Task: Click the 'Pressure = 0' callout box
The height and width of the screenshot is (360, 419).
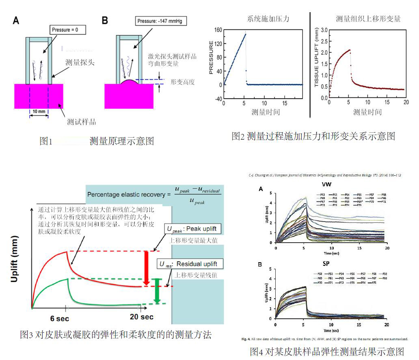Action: tap(67, 30)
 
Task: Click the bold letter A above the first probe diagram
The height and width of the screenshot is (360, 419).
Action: tap(16, 21)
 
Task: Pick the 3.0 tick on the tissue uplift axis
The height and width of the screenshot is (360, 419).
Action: tap(324, 30)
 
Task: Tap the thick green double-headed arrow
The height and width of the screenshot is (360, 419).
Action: tap(157, 290)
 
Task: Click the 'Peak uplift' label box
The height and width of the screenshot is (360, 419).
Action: tap(193, 229)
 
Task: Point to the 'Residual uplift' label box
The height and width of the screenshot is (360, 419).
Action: tap(193, 264)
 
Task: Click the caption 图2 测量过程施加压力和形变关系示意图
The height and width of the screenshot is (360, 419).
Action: tap(313, 136)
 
